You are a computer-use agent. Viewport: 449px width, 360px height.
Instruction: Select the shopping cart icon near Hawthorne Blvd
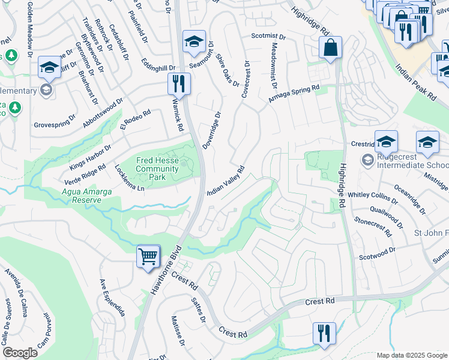[x=148, y=257]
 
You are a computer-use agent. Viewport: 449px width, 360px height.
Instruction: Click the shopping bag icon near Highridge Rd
[x=330, y=47]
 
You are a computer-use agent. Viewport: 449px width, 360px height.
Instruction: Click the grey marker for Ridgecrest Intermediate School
[x=367, y=160]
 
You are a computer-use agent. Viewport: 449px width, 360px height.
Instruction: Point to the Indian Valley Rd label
[x=226, y=181]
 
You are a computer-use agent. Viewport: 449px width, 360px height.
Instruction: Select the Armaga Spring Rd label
[x=294, y=93]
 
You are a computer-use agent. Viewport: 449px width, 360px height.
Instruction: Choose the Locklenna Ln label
[x=130, y=178]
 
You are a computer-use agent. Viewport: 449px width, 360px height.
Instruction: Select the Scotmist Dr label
[x=268, y=35]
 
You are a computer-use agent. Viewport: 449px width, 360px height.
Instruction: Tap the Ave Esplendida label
[x=112, y=298]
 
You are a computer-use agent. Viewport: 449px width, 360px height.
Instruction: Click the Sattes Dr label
[x=199, y=312]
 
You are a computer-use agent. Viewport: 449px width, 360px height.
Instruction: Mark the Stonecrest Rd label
[x=373, y=227]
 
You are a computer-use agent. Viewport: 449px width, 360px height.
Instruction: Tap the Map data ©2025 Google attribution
[x=411, y=355]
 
